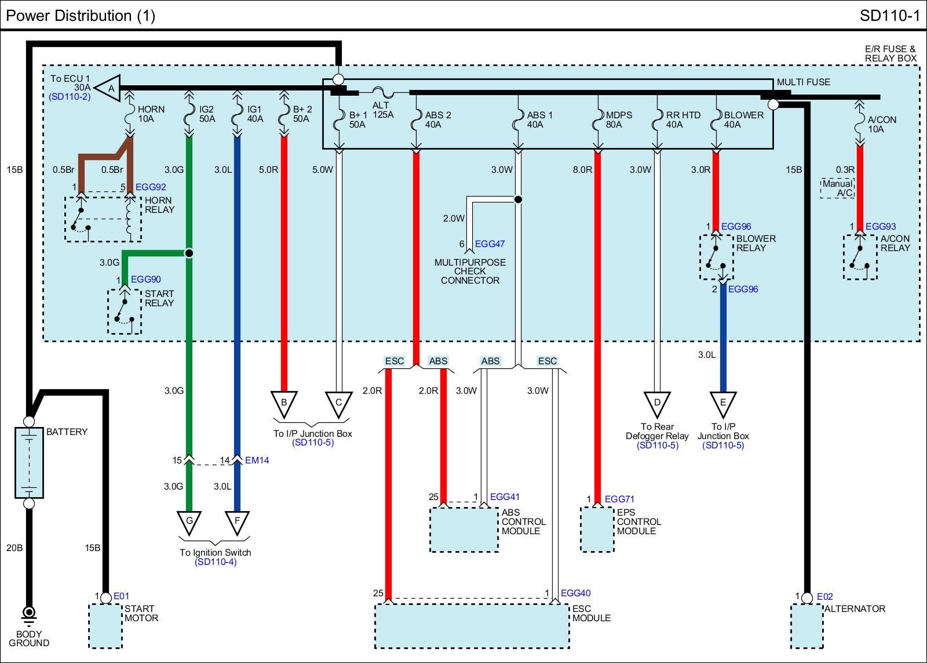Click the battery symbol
[x=29, y=462]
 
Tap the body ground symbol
[x=28, y=614]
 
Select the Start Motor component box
[x=105, y=626]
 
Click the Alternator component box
[x=807, y=626]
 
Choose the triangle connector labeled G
[x=189, y=521]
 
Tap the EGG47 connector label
[x=490, y=244]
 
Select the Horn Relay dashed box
[x=103, y=219]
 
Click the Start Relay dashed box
[x=124, y=311]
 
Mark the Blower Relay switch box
[x=716, y=257]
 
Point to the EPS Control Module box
[x=597, y=529]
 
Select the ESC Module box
[x=472, y=626]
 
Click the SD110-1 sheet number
[x=889, y=16]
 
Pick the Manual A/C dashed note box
[x=837, y=188]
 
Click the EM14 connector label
[x=257, y=461]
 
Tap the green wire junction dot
[x=189, y=253]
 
